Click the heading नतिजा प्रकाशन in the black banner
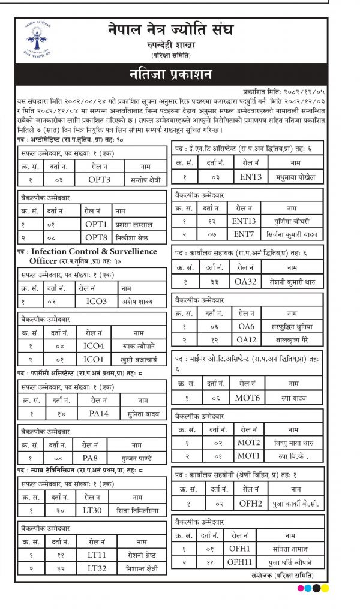pos(170,74)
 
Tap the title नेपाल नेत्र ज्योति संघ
pos(171,29)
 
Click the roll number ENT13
pos(244,221)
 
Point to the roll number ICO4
pos(94,345)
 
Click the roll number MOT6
pos(248,397)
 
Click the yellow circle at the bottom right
pos(325,588)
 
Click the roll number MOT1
pos(248,455)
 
